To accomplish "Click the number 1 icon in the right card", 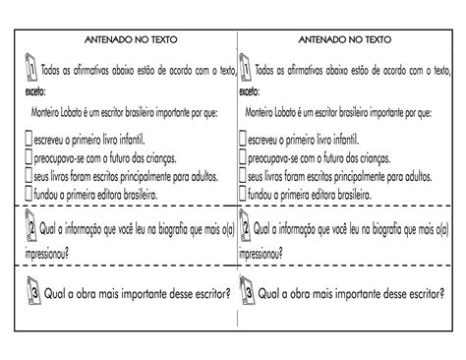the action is click(245, 69).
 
